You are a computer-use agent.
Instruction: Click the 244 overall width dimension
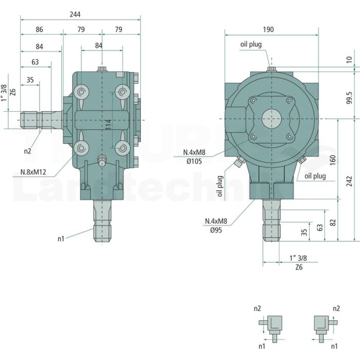75,14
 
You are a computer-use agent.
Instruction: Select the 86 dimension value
39,29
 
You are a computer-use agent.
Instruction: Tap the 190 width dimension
268,29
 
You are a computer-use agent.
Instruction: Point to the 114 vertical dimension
109,124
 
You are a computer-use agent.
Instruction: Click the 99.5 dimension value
349,98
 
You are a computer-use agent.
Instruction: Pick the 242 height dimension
349,181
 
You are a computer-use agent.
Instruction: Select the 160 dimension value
333,160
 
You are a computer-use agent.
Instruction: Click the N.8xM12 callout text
33,172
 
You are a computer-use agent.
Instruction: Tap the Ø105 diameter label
194,161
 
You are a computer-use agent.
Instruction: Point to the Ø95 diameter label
216,230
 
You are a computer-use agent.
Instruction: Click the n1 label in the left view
61,239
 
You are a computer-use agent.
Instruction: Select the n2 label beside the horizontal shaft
28,151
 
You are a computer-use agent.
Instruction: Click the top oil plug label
251,44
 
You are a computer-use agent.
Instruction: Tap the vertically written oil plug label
220,186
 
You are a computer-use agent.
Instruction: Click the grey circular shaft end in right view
272,118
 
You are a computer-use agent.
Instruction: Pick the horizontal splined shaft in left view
41,120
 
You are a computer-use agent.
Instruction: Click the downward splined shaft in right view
272,221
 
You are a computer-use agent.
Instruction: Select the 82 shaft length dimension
333,223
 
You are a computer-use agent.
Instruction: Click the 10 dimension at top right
349,60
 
